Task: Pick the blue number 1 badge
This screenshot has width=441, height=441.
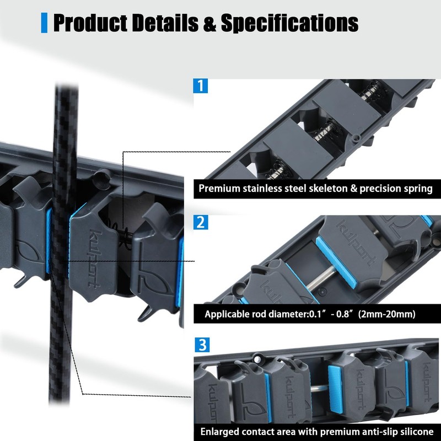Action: [201, 86]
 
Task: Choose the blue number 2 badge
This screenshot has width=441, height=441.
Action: [201, 222]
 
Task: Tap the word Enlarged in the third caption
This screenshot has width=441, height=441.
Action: [219, 432]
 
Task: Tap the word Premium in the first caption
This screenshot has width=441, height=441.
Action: [218, 189]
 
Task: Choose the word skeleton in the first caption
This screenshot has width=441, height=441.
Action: [318, 189]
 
